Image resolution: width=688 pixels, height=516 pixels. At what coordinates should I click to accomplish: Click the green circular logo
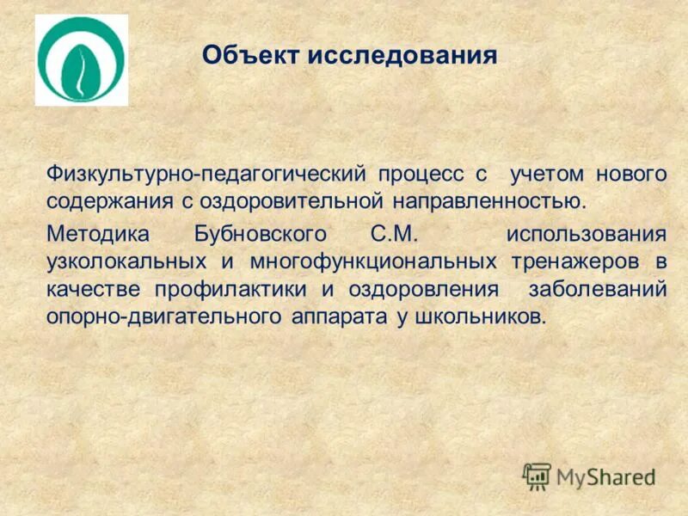pos(81,60)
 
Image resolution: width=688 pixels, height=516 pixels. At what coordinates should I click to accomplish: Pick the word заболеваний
pos(599,288)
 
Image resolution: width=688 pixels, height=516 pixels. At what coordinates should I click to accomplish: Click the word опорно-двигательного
pos(163,316)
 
